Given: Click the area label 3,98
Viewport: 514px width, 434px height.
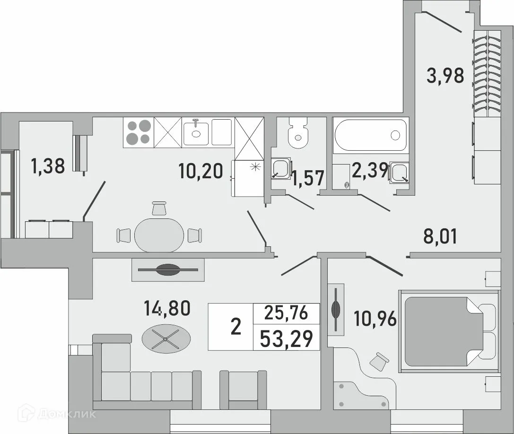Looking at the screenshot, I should (x=445, y=75).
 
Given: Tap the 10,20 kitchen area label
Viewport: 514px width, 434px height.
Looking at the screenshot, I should (x=200, y=170).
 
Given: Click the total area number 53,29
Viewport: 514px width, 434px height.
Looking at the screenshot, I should (x=287, y=339).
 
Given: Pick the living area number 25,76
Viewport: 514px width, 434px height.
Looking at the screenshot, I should (x=287, y=312).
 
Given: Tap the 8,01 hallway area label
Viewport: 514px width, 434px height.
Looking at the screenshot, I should (x=440, y=236).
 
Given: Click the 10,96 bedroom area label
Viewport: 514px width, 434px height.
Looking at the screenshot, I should (x=375, y=321).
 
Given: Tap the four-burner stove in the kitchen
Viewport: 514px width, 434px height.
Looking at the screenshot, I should (x=138, y=132).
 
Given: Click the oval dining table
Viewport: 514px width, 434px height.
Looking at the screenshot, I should (x=159, y=234).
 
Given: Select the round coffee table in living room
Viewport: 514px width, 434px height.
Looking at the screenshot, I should (x=166, y=339).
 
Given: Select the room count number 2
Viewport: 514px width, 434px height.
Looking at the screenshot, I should (x=235, y=327).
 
